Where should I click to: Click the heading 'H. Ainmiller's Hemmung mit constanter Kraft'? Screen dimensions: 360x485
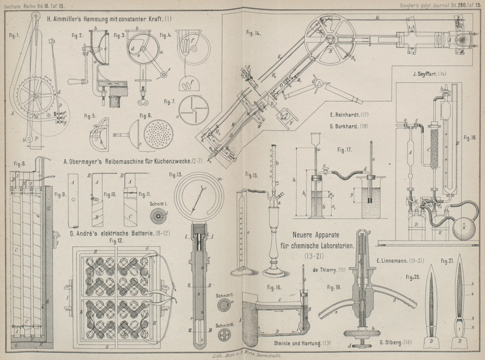(109, 19)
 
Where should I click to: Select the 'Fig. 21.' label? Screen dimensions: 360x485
(448, 261)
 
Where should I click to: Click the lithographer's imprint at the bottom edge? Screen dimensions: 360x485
(242, 352)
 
